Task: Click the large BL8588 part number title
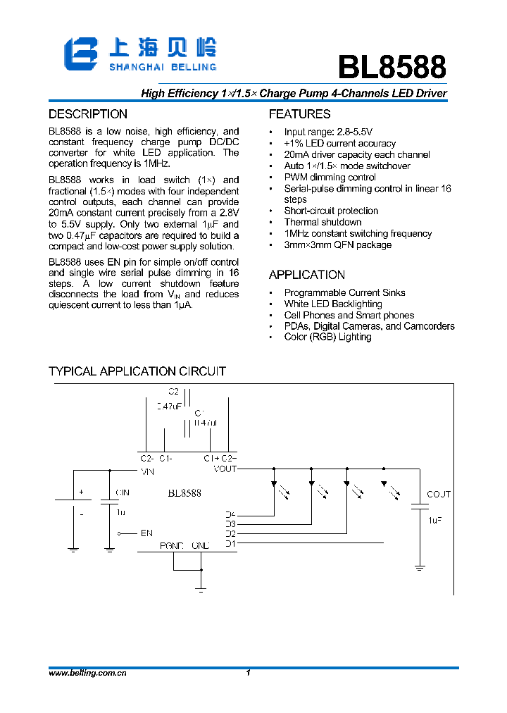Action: coord(392,68)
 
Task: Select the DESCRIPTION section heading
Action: coord(88,114)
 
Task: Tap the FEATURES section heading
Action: coord(299,114)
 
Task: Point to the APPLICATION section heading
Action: coord(307,275)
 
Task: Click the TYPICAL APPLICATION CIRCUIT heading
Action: coord(137,371)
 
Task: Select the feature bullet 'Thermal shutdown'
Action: coord(323,222)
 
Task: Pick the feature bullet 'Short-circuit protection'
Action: coord(331,211)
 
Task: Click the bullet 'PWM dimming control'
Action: coord(330,177)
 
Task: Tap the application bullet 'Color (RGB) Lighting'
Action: coord(327,337)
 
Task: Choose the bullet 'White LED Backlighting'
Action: coord(333,304)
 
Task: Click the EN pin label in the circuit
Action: coord(146,533)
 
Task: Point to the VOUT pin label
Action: coord(225,469)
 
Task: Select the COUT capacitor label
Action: coord(439,495)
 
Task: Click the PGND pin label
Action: coord(171,545)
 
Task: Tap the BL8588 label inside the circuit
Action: coord(184,493)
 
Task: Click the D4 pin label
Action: coord(230,514)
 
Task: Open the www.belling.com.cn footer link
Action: coord(87,674)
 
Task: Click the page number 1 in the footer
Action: coord(249,674)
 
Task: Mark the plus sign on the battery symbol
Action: coord(81,492)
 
